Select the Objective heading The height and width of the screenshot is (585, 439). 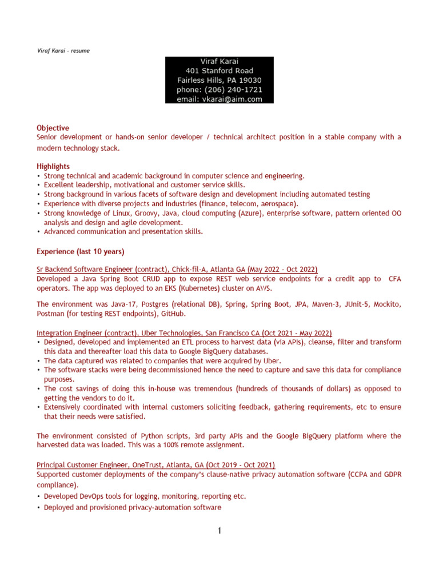pos(53,128)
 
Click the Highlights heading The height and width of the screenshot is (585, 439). pos(54,166)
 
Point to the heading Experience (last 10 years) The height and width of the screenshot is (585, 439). pos(81,251)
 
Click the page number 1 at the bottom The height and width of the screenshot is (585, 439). pos(219,531)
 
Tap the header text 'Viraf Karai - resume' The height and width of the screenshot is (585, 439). pos(63,51)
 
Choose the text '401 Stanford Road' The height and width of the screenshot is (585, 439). pos(219,71)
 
